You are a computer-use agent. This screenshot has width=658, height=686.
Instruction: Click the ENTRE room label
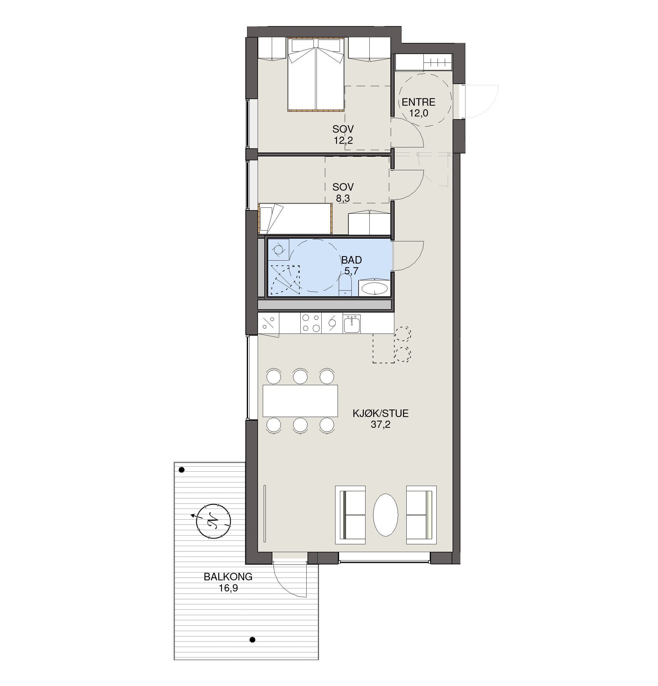coord(418,102)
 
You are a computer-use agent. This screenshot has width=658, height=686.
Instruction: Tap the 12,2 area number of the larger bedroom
coord(343,140)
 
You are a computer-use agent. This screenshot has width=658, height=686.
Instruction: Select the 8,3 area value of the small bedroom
coord(343,198)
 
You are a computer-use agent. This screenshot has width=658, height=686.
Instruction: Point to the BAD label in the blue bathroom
coord(351,260)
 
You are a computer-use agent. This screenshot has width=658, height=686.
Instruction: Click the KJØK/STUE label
coord(380,413)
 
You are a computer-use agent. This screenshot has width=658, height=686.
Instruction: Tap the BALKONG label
coord(228,577)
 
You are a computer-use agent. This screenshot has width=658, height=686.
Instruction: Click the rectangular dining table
coord(300,401)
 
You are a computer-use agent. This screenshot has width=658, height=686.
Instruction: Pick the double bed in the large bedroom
coord(316,74)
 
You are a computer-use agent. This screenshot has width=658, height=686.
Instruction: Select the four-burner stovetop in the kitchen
coord(311,323)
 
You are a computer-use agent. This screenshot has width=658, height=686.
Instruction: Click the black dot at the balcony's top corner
coord(182,470)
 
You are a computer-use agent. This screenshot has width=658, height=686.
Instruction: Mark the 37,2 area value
coord(380,425)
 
